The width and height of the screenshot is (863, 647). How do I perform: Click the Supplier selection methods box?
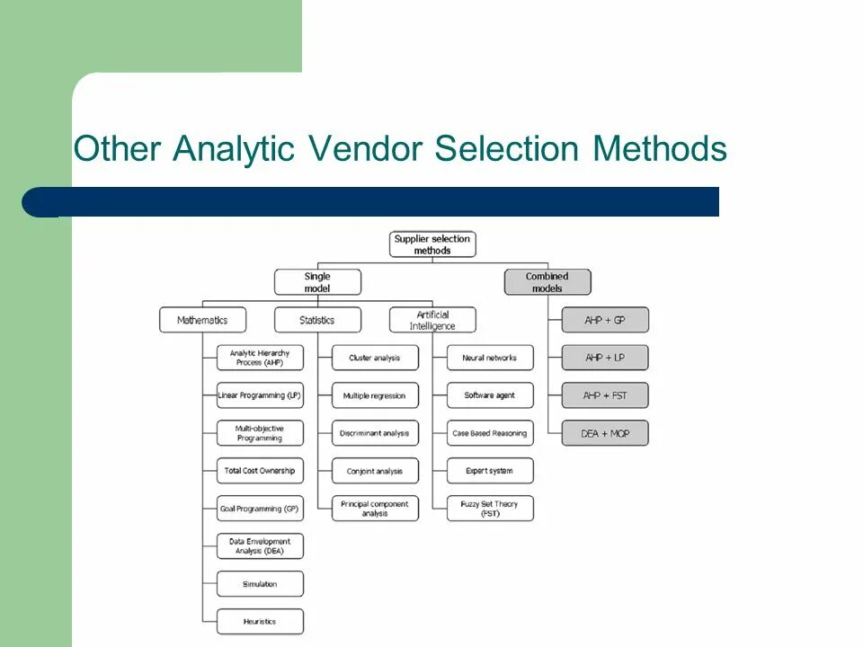(432, 244)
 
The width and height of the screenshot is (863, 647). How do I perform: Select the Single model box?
(317, 282)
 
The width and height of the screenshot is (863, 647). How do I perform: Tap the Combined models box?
(547, 282)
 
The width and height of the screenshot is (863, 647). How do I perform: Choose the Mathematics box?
(202, 320)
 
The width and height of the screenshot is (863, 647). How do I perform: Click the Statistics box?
(317, 320)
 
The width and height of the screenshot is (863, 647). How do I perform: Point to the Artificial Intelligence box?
(432, 320)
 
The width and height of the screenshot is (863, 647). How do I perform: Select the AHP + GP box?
(605, 320)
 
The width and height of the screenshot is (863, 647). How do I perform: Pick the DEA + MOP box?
(605, 433)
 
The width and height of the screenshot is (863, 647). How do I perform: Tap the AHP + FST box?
(605, 395)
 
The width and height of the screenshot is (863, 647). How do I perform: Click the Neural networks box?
(490, 358)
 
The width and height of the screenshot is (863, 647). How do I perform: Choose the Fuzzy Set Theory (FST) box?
(490, 509)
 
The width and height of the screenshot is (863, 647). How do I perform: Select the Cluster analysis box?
(375, 358)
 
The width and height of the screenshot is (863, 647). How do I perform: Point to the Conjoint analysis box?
(375, 471)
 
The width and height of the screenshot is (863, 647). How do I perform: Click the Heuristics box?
(260, 622)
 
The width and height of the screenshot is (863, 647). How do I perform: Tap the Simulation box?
(260, 584)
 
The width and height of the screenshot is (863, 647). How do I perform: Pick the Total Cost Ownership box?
(260, 471)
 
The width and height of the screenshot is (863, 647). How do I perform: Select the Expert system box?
(490, 471)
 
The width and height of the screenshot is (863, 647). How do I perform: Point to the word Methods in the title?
(659, 148)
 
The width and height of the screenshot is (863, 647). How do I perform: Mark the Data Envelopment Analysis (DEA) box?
(260, 546)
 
